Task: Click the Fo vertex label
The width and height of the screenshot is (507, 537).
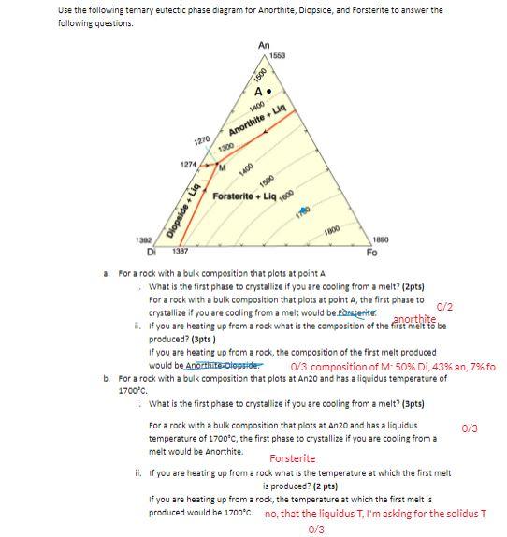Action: click(x=371, y=252)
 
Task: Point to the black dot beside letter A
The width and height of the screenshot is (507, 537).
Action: click(x=269, y=93)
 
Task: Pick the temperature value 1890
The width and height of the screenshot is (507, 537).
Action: click(x=381, y=240)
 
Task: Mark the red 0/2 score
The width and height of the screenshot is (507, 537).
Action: click(x=445, y=306)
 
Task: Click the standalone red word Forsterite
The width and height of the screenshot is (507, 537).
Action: click(x=292, y=457)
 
